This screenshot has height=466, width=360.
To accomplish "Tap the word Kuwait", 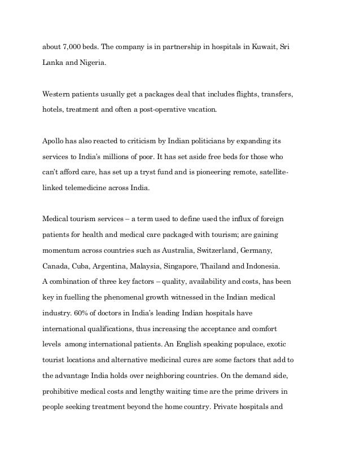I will tap(264, 45).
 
